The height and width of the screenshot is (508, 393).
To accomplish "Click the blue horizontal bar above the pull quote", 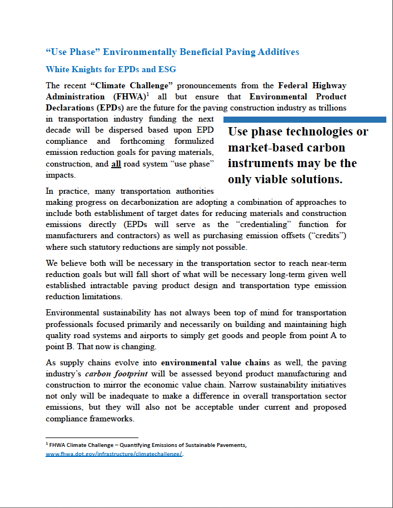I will (x=304, y=119).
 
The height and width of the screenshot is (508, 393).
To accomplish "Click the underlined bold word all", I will (x=116, y=164).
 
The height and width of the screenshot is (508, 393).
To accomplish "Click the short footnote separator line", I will (x=92, y=437).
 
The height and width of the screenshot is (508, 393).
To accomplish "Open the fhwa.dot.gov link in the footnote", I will (x=115, y=454).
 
